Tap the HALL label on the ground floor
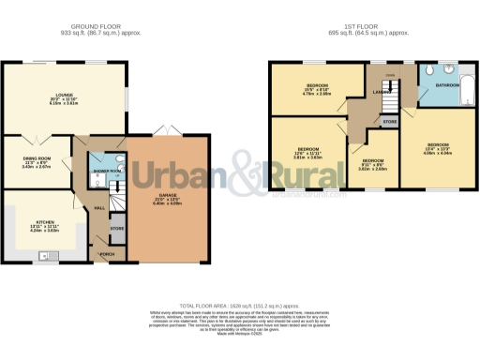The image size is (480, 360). tap(98, 208)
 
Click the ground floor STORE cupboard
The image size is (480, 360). tap(117, 228)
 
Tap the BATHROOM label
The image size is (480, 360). tap(434, 85)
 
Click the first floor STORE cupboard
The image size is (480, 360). tap(389, 120)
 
